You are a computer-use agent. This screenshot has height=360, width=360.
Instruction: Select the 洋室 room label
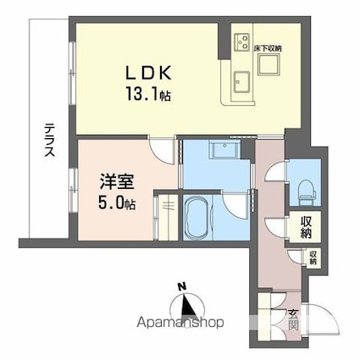coord(113,182)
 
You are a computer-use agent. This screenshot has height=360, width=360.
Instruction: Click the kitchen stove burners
coord(241,39)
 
